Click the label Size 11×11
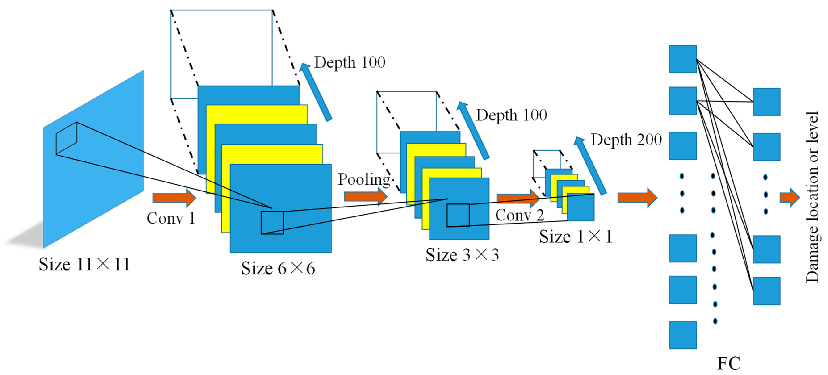point(84,264)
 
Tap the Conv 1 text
point(171,218)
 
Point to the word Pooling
point(364,179)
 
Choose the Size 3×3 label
point(462,255)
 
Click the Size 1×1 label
point(576,237)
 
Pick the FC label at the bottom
point(728,363)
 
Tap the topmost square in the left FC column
point(683,59)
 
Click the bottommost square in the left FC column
point(683,335)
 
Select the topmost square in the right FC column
point(766,102)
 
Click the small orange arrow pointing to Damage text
point(789,197)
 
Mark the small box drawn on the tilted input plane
point(66,138)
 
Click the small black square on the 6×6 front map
point(272,222)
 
